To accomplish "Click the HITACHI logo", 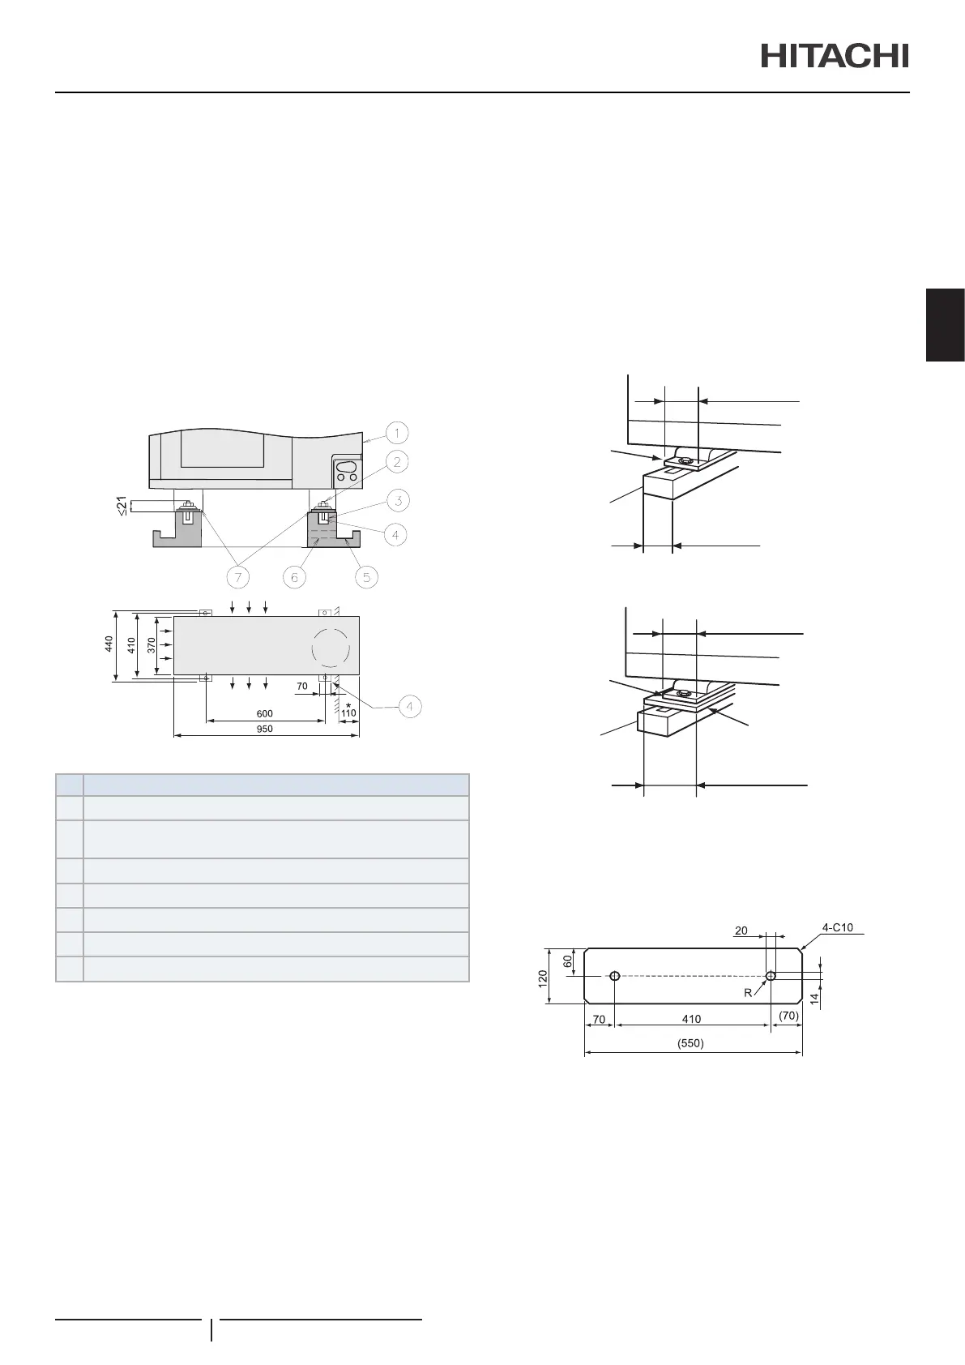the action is click(835, 55).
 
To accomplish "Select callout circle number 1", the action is click(396, 434).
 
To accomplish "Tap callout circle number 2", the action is click(396, 462).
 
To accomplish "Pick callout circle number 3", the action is click(398, 501).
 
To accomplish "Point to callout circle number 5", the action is click(366, 576).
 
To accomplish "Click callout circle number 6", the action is click(294, 576).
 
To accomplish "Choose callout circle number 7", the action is click(237, 576).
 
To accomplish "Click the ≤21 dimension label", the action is click(122, 506).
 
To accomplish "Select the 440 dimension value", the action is click(109, 644).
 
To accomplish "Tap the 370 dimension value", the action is click(152, 645).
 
